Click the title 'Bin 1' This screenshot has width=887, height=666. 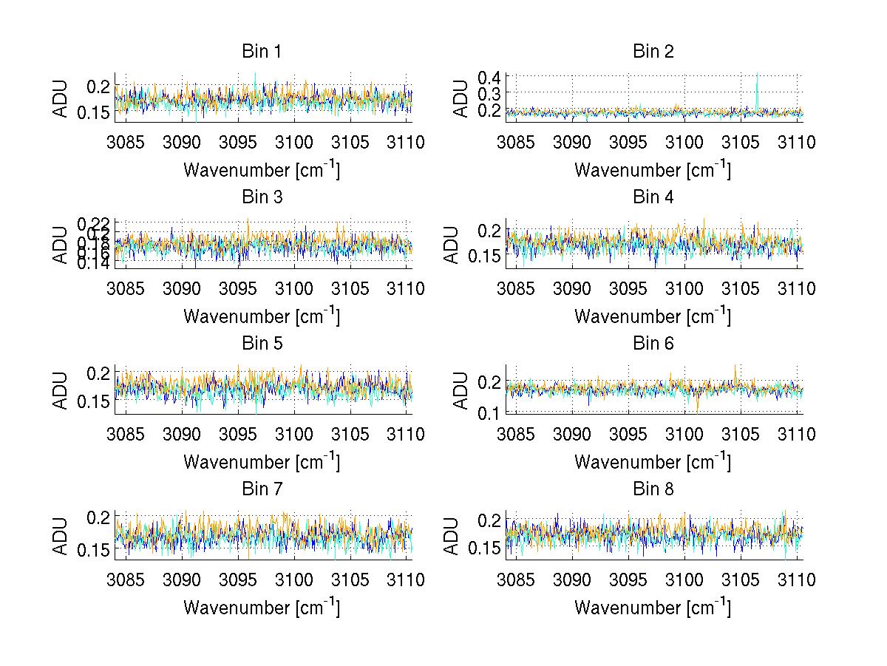point(262,52)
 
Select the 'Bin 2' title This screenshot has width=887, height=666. point(653,52)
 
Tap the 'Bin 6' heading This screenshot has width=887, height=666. point(653,344)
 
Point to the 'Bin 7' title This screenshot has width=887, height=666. point(262,489)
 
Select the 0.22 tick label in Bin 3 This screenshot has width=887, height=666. point(93,222)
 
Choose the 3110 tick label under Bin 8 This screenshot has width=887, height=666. point(796,580)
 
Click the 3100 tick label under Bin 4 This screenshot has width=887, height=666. point(684,288)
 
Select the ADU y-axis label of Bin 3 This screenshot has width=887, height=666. point(61,244)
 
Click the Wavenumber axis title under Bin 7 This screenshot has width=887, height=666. point(262,608)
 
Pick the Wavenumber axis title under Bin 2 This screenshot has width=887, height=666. point(653,170)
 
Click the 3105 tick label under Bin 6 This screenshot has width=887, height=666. point(741,434)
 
